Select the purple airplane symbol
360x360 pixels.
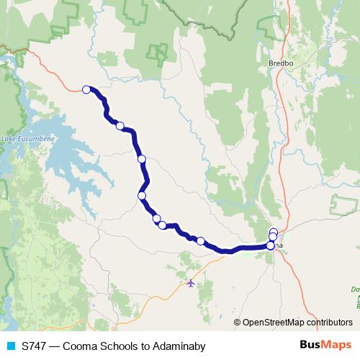[190, 282]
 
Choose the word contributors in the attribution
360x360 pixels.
[331, 323]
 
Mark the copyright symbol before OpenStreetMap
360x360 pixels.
[237, 323]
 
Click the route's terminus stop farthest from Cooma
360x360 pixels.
[86, 89]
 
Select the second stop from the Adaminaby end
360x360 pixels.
[120, 126]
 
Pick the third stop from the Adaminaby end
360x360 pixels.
[142, 158]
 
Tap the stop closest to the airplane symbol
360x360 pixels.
[200, 240]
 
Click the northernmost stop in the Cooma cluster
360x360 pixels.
[274, 232]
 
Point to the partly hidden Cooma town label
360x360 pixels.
[279, 246]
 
